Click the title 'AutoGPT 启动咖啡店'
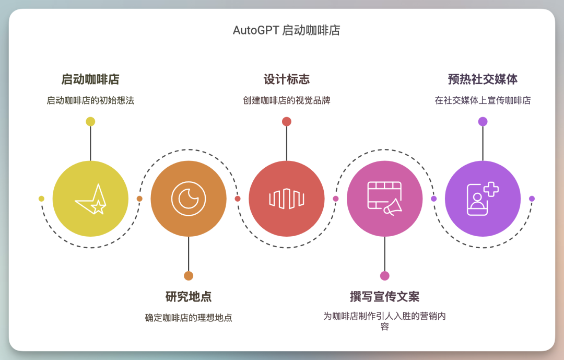click(x=286, y=30)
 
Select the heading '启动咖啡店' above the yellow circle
click(x=90, y=79)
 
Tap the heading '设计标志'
click(x=286, y=79)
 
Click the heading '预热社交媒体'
click(x=483, y=79)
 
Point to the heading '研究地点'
click(x=189, y=297)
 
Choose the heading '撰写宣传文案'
click(x=384, y=297)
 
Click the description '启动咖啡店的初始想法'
click(x=90, y=100)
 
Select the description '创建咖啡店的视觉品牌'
click(x=286, y=100)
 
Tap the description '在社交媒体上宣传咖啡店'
click(x=483, y=100)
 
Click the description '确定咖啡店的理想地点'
click(x=189, y=318)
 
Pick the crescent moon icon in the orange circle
click(x=189, y=199)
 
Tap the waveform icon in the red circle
click(x=286, y=199)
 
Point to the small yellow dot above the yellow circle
click(x=90, y=122)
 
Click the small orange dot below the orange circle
click(x=189, y=276)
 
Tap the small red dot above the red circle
click(x=286, y=122)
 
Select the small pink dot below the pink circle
click(x=384, y=276)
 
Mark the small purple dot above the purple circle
click(x=483, y=122)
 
